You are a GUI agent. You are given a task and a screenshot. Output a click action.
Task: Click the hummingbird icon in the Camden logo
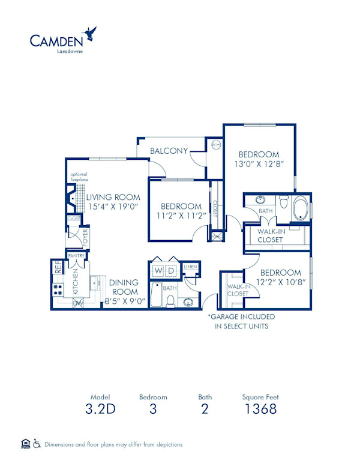click(90, 33)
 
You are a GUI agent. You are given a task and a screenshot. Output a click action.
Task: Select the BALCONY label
click(169, 151)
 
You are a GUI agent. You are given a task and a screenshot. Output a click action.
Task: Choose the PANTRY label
click(76, 256)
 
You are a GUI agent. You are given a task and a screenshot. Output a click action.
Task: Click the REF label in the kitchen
click(58, 267)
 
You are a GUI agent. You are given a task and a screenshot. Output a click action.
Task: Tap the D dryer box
click(172, 271)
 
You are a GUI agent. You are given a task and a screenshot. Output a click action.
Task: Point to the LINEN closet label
click(190, 266)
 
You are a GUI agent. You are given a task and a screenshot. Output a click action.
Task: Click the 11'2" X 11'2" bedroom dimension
click(181, 215)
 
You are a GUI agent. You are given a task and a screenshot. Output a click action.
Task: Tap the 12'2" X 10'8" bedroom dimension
click(281, 281)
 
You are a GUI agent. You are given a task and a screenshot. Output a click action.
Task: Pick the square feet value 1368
click(260, 410)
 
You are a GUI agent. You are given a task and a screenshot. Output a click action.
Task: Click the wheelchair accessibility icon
click(37, 444)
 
